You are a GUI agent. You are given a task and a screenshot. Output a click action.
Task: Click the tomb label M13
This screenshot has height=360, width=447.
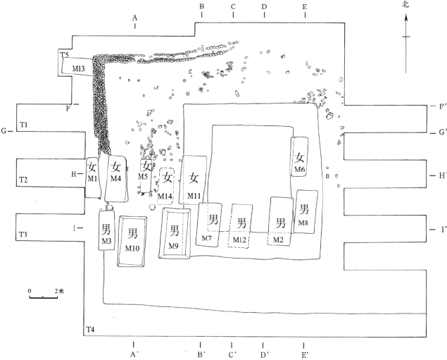pyautogui.click(x=79, y=68)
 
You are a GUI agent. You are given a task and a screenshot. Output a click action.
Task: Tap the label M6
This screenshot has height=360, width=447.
pyautogui.click(x=300, y=170)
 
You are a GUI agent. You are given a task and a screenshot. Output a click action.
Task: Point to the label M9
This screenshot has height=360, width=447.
pyautogui.click(x=174, y=245)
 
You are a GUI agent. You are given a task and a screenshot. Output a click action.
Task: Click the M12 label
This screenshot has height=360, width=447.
pyautogui.click(x=241, y=241)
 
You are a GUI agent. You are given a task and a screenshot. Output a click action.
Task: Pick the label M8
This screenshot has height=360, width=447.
pyautogui.click(x=303, y=223)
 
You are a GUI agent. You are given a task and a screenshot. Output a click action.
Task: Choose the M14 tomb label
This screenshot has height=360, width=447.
pyautogui.click(x=165, y=195)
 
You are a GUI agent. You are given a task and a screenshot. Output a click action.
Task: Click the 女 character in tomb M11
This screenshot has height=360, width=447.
pyautogui.click(x=195, y=178)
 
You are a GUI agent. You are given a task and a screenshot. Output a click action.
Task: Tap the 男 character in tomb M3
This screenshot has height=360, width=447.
pyautogui.click(x=106, y=228)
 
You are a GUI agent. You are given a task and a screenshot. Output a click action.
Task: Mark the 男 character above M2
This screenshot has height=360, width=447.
pyautogui.click(x=280, y=223)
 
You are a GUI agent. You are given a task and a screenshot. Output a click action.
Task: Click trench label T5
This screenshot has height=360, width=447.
pyautogui.click(x=64, y=55)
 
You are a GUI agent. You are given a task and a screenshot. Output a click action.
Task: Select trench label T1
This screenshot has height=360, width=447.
pyautogui.click(x=23, y=125)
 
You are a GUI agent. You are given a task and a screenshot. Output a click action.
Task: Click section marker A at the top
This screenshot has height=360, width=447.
pyautogui.click(x=134, y=17)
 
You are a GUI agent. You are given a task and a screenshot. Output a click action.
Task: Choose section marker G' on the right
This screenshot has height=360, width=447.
pyautogui.click(x=442, y=132)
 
